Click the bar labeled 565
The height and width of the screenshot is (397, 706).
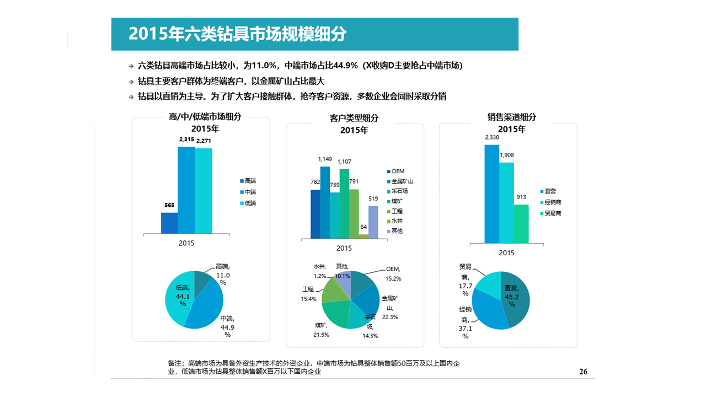(x=169, y=223)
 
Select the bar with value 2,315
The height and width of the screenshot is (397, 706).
(x=186, y=190)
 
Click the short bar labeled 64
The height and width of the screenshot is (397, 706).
(x=363, y=237)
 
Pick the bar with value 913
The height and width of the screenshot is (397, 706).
(x=521, y=223)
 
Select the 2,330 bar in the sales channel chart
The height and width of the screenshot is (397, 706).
(x=492, y=194)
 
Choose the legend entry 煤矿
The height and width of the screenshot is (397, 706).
(x=395, y=201)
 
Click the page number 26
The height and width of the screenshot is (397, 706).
(x=583, y=372)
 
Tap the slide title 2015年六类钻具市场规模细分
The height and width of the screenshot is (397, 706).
(x=237, y=34)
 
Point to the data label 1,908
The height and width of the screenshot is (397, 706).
(x=507, y=155)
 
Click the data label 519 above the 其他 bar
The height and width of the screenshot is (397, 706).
(x=373, y=199)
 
